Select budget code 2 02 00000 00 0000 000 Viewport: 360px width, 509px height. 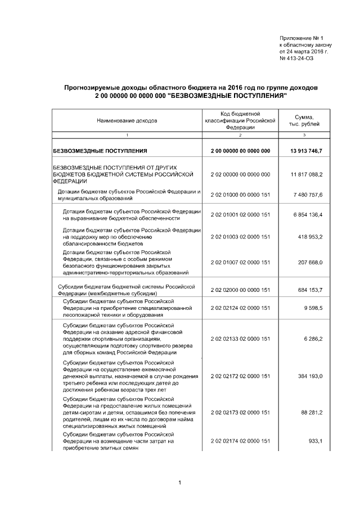pyautogui.click(x=240, y=174)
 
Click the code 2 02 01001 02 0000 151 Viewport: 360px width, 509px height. pyautogui.click(x=240, y=215)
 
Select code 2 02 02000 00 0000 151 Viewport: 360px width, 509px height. pyautogui.click(x=240, y=290)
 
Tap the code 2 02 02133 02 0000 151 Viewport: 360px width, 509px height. pyautogui.click(x=240, y=339)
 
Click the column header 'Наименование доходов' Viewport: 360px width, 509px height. pyautogui.click(x=127, y=120)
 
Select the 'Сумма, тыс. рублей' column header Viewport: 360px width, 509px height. pyautogui.click(x=304, y=120)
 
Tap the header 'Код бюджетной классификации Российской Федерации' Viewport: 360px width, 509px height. pyautogui.click(x=240, y=120)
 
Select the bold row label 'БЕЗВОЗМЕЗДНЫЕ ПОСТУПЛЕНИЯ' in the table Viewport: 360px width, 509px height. pyautogui.click(x=100, y=151)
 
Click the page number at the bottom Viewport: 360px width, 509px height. pyautogui.click(x=179, y=483)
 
